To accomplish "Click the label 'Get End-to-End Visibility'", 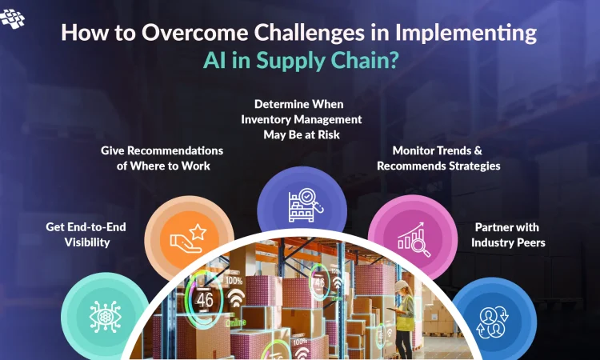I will tap(88, 234).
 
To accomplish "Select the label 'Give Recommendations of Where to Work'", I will tap(162, 158).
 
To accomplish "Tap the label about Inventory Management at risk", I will tap(302, 119).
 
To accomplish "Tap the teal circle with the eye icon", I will tap(105, 312).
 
